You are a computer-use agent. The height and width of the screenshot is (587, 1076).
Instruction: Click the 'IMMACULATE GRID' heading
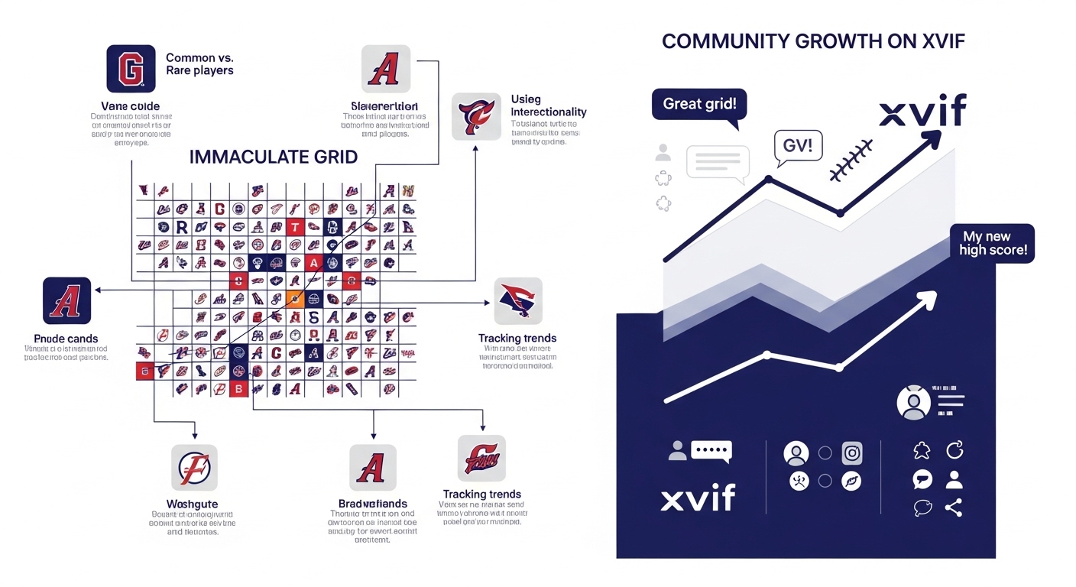click(274, 157)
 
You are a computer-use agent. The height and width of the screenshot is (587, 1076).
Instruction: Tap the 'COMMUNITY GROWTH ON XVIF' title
click(813, 41)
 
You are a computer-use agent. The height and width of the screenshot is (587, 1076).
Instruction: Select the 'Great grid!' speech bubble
click(699, 104)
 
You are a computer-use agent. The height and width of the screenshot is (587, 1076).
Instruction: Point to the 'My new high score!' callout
click(993, 243)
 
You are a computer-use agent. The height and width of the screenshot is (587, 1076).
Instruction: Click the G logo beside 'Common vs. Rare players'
click(131, 68)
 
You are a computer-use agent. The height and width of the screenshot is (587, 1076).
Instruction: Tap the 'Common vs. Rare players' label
click(199, 63)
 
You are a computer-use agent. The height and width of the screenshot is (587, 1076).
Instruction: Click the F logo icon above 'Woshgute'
click(193, 467)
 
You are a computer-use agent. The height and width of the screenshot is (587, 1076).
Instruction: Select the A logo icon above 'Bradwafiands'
click(373, 467)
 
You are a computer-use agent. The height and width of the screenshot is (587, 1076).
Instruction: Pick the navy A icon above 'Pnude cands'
click(67, 301)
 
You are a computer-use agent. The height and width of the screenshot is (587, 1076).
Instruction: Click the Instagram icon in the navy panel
click(852, 453)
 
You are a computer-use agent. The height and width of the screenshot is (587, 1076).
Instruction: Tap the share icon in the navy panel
click(953, 508)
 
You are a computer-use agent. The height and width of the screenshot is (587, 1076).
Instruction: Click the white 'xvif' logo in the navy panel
click(698, 498)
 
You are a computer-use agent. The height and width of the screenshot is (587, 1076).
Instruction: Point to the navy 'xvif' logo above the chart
click(922, 112)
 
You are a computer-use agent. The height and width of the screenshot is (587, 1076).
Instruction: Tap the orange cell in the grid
click(294, 299)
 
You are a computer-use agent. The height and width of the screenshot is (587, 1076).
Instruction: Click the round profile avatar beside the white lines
click(914, 403)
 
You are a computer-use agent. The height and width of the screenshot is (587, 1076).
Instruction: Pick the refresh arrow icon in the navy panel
click(954, 451)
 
